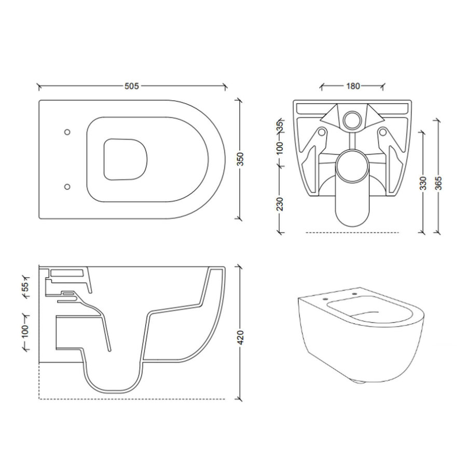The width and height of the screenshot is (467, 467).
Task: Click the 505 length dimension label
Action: tap(132, 86)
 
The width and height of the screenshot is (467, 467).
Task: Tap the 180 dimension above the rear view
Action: tap(353, 86)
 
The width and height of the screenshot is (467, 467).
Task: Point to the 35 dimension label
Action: tap(280, 126)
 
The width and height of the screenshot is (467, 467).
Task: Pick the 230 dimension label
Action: tap(280, 204)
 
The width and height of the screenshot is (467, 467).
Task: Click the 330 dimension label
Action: tap(424, 184)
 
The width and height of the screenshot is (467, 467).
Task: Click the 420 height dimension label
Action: tap(240, 338)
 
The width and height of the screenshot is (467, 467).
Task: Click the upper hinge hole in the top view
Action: tap(66, 132)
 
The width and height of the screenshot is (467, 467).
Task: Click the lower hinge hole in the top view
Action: tap(66, 185)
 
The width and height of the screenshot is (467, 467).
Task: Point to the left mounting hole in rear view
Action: tap(322, 133)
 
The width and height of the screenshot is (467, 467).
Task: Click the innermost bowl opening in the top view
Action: tap(126, 159)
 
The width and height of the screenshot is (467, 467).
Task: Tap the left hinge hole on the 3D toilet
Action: tap(324, 300)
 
